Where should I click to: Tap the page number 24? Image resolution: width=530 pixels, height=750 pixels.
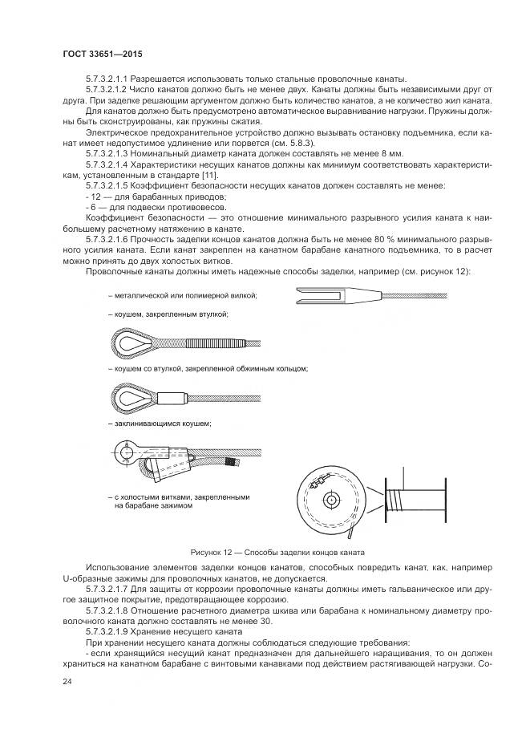[x=66, y=682]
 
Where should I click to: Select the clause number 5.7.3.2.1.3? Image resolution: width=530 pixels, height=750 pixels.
[x=117, y=152]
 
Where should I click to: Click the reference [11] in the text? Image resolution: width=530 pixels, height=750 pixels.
[x=206, y=175]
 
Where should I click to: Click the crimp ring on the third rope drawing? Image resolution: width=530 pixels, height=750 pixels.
[x=171, y=397]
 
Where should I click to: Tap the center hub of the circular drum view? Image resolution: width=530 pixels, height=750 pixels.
[x=330, y=499]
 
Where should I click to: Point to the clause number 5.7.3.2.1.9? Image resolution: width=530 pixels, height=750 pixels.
[x=117, y=631]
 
